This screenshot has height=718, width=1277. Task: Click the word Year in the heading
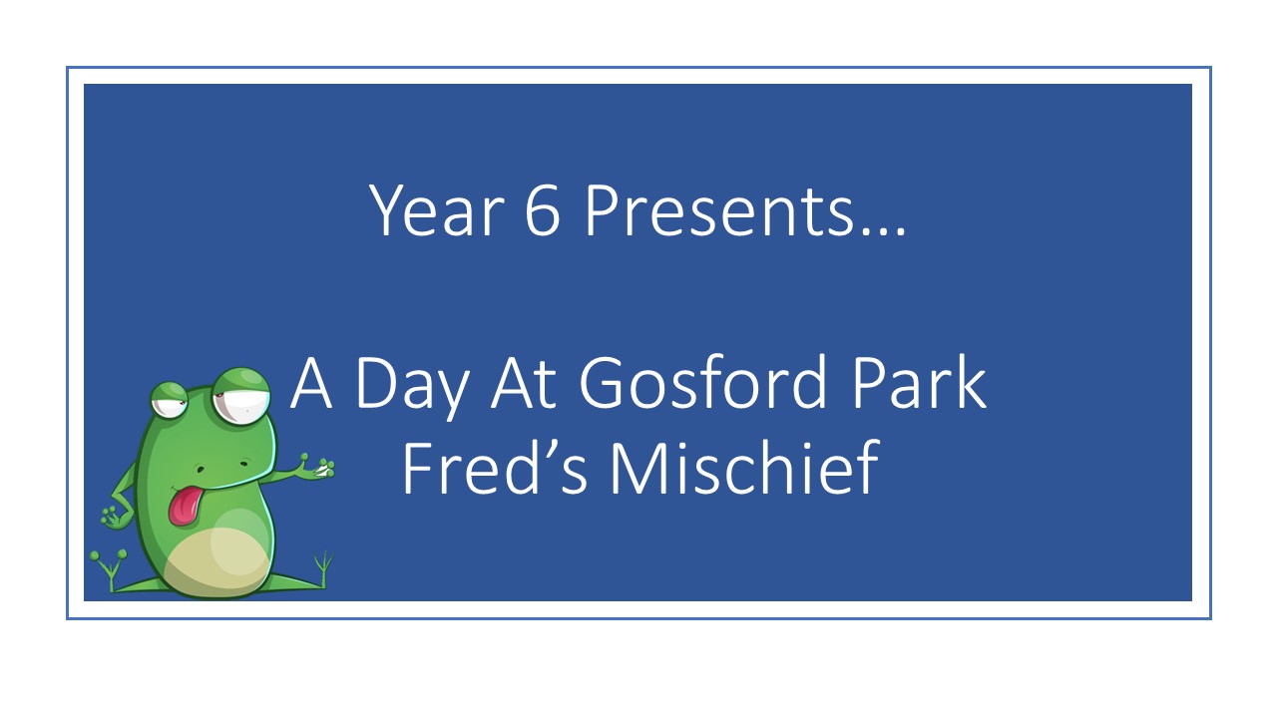[x=437, y=209]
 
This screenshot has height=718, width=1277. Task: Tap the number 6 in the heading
[x=542, y=209]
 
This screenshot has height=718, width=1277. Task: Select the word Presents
[x=720, y=209]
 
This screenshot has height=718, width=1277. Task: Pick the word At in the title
[x=524, y=383]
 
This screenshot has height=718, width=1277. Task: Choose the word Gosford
[x=702, y=381]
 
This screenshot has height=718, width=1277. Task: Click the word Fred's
[x=494, y=468]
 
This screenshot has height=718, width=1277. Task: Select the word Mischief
[x=745, y=468]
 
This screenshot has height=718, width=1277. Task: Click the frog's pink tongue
[x=185, y=505]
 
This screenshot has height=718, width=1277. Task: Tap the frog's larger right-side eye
[x=240, y=396]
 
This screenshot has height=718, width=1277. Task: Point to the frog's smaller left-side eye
[x=170, y=400]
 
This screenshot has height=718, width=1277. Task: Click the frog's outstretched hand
[x=315, y=468]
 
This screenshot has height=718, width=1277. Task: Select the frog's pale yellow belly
[x=216, y=561]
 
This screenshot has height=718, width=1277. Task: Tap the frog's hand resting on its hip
[x=112, y=516]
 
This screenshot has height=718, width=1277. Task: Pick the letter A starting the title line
[x=310, y=383]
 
